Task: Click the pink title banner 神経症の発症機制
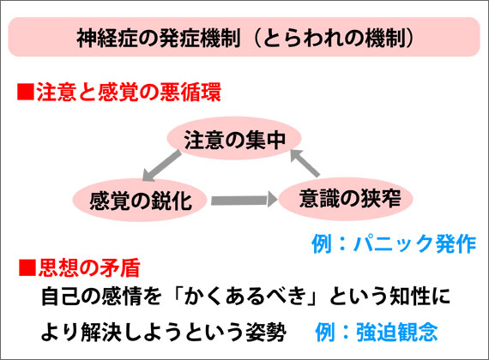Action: pos(244,37)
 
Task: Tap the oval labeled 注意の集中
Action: pos(234,138)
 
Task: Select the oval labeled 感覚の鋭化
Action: pos(140,200)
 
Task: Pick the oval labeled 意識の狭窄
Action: pos(346,199)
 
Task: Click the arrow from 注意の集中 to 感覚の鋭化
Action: pos(161,165)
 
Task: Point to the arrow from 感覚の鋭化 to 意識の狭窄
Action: pos(244,200)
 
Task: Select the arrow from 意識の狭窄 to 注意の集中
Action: pos(305,164)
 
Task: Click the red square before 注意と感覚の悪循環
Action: pos(26,92)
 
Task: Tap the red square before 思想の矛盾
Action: pos(27,267)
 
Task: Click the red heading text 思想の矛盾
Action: pos(89,267)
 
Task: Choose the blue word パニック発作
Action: pos(414,243)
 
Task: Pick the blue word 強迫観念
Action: pos(397,332)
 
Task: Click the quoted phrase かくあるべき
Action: pos(244,296)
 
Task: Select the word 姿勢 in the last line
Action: pos(266,332)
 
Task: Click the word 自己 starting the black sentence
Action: pos(61,296)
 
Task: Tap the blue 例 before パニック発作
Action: pos(322,243)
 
